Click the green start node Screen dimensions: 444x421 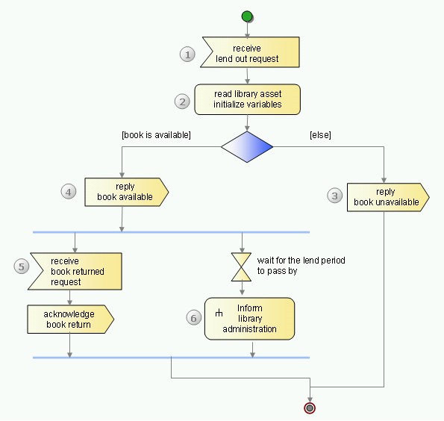(247, 16)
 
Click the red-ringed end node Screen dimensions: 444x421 (310, 408)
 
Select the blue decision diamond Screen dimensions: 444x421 (247, 147)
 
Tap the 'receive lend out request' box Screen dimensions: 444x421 (250, 52)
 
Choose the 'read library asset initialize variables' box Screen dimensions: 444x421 (247, 99)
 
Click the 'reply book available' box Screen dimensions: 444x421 (127, 192)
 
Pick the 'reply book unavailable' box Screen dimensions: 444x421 (388, 197)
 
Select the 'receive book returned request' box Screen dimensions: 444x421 (75, 271)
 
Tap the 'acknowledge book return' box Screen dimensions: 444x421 (70, 319)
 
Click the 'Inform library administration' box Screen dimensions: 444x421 (249, 319)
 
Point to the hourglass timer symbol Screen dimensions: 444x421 (241, 267)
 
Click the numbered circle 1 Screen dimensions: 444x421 (187, 54)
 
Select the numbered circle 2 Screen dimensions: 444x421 (182, 102)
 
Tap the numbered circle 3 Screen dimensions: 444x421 (335, 196)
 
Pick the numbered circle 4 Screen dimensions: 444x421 (69, 192)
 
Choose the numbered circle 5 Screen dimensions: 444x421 (22, 266)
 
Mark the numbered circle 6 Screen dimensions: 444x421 (194, 318)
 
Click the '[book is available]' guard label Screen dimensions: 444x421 (156, 135)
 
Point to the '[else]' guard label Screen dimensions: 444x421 (321, 135)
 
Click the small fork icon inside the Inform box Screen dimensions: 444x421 (219, 313)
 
